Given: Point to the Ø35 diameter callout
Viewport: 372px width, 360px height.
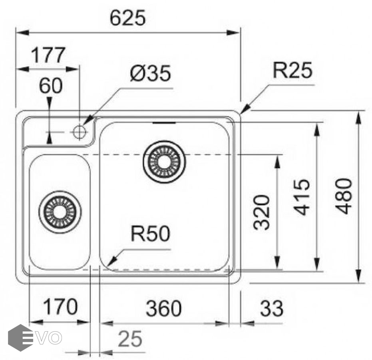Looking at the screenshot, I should (150, 74).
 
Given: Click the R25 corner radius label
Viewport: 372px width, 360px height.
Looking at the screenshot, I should (292, 71).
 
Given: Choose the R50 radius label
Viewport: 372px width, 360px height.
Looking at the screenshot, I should (150, 234).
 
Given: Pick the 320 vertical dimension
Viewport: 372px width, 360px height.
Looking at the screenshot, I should (262, 212).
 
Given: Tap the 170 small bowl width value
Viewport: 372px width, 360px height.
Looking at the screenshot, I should (60, 307).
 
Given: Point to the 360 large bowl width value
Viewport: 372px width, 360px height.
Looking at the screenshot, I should (163, 308).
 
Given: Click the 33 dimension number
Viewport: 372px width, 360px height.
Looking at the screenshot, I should (272, 308).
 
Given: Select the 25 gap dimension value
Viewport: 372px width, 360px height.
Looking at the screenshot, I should (130, 340).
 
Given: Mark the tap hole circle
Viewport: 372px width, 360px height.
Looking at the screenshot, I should (80, 131).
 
